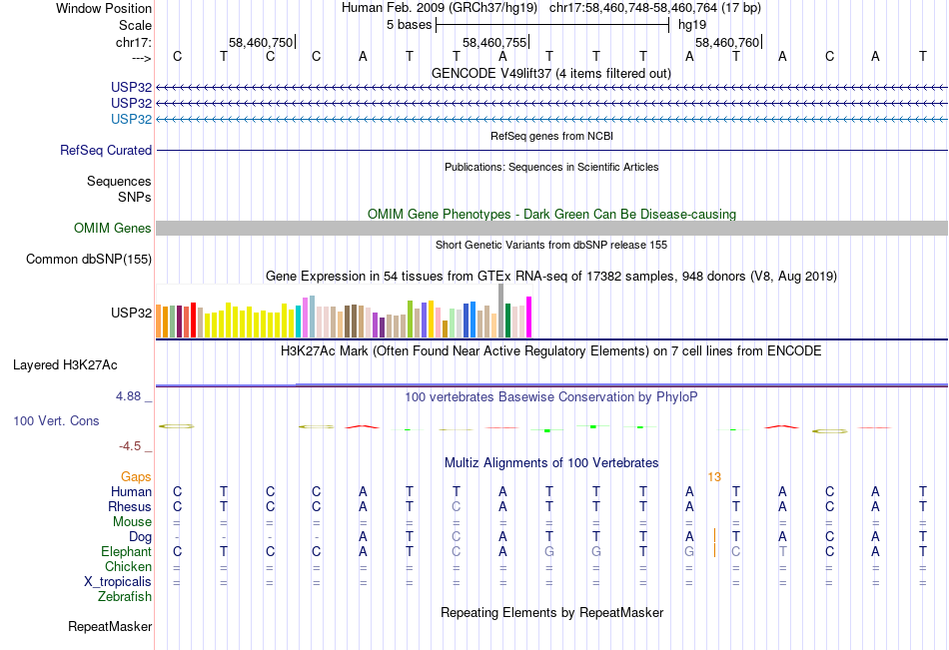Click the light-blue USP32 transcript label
click(x=131, y=119)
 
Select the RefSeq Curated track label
click(x=106, y=150)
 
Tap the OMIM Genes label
click(x=113, y=229)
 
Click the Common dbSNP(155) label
click(x=89, y=259)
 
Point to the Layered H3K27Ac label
click(x=65, y=365)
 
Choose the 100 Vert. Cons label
click(x=56, y=420)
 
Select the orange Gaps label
click(x=136, y=477)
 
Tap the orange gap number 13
click(x=714, y=477)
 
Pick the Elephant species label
click(x=127, y=551)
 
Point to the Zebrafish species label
click(x=125, y=596)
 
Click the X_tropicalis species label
click(x=118, y=582)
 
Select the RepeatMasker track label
click(x=110, y=626)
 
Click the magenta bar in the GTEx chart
click(x=529, y=318)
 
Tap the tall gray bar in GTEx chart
click(x=501, y=311)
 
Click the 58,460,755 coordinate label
click(x=494, y=42)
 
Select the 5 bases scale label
click(x=410, y=25)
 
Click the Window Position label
click(x=104, y=8)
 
